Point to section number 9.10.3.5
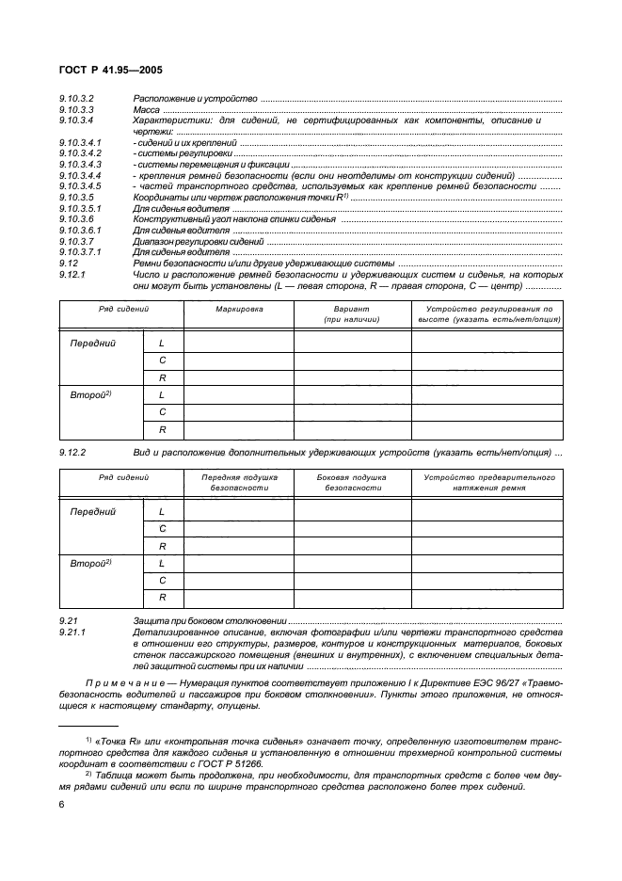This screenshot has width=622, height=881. coord(76,198)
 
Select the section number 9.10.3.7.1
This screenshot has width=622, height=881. coord(80,252)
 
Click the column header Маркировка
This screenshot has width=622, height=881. coord(238,309)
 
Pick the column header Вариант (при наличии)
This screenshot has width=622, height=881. coord(352,314)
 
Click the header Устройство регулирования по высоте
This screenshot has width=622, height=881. coord(487,314)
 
